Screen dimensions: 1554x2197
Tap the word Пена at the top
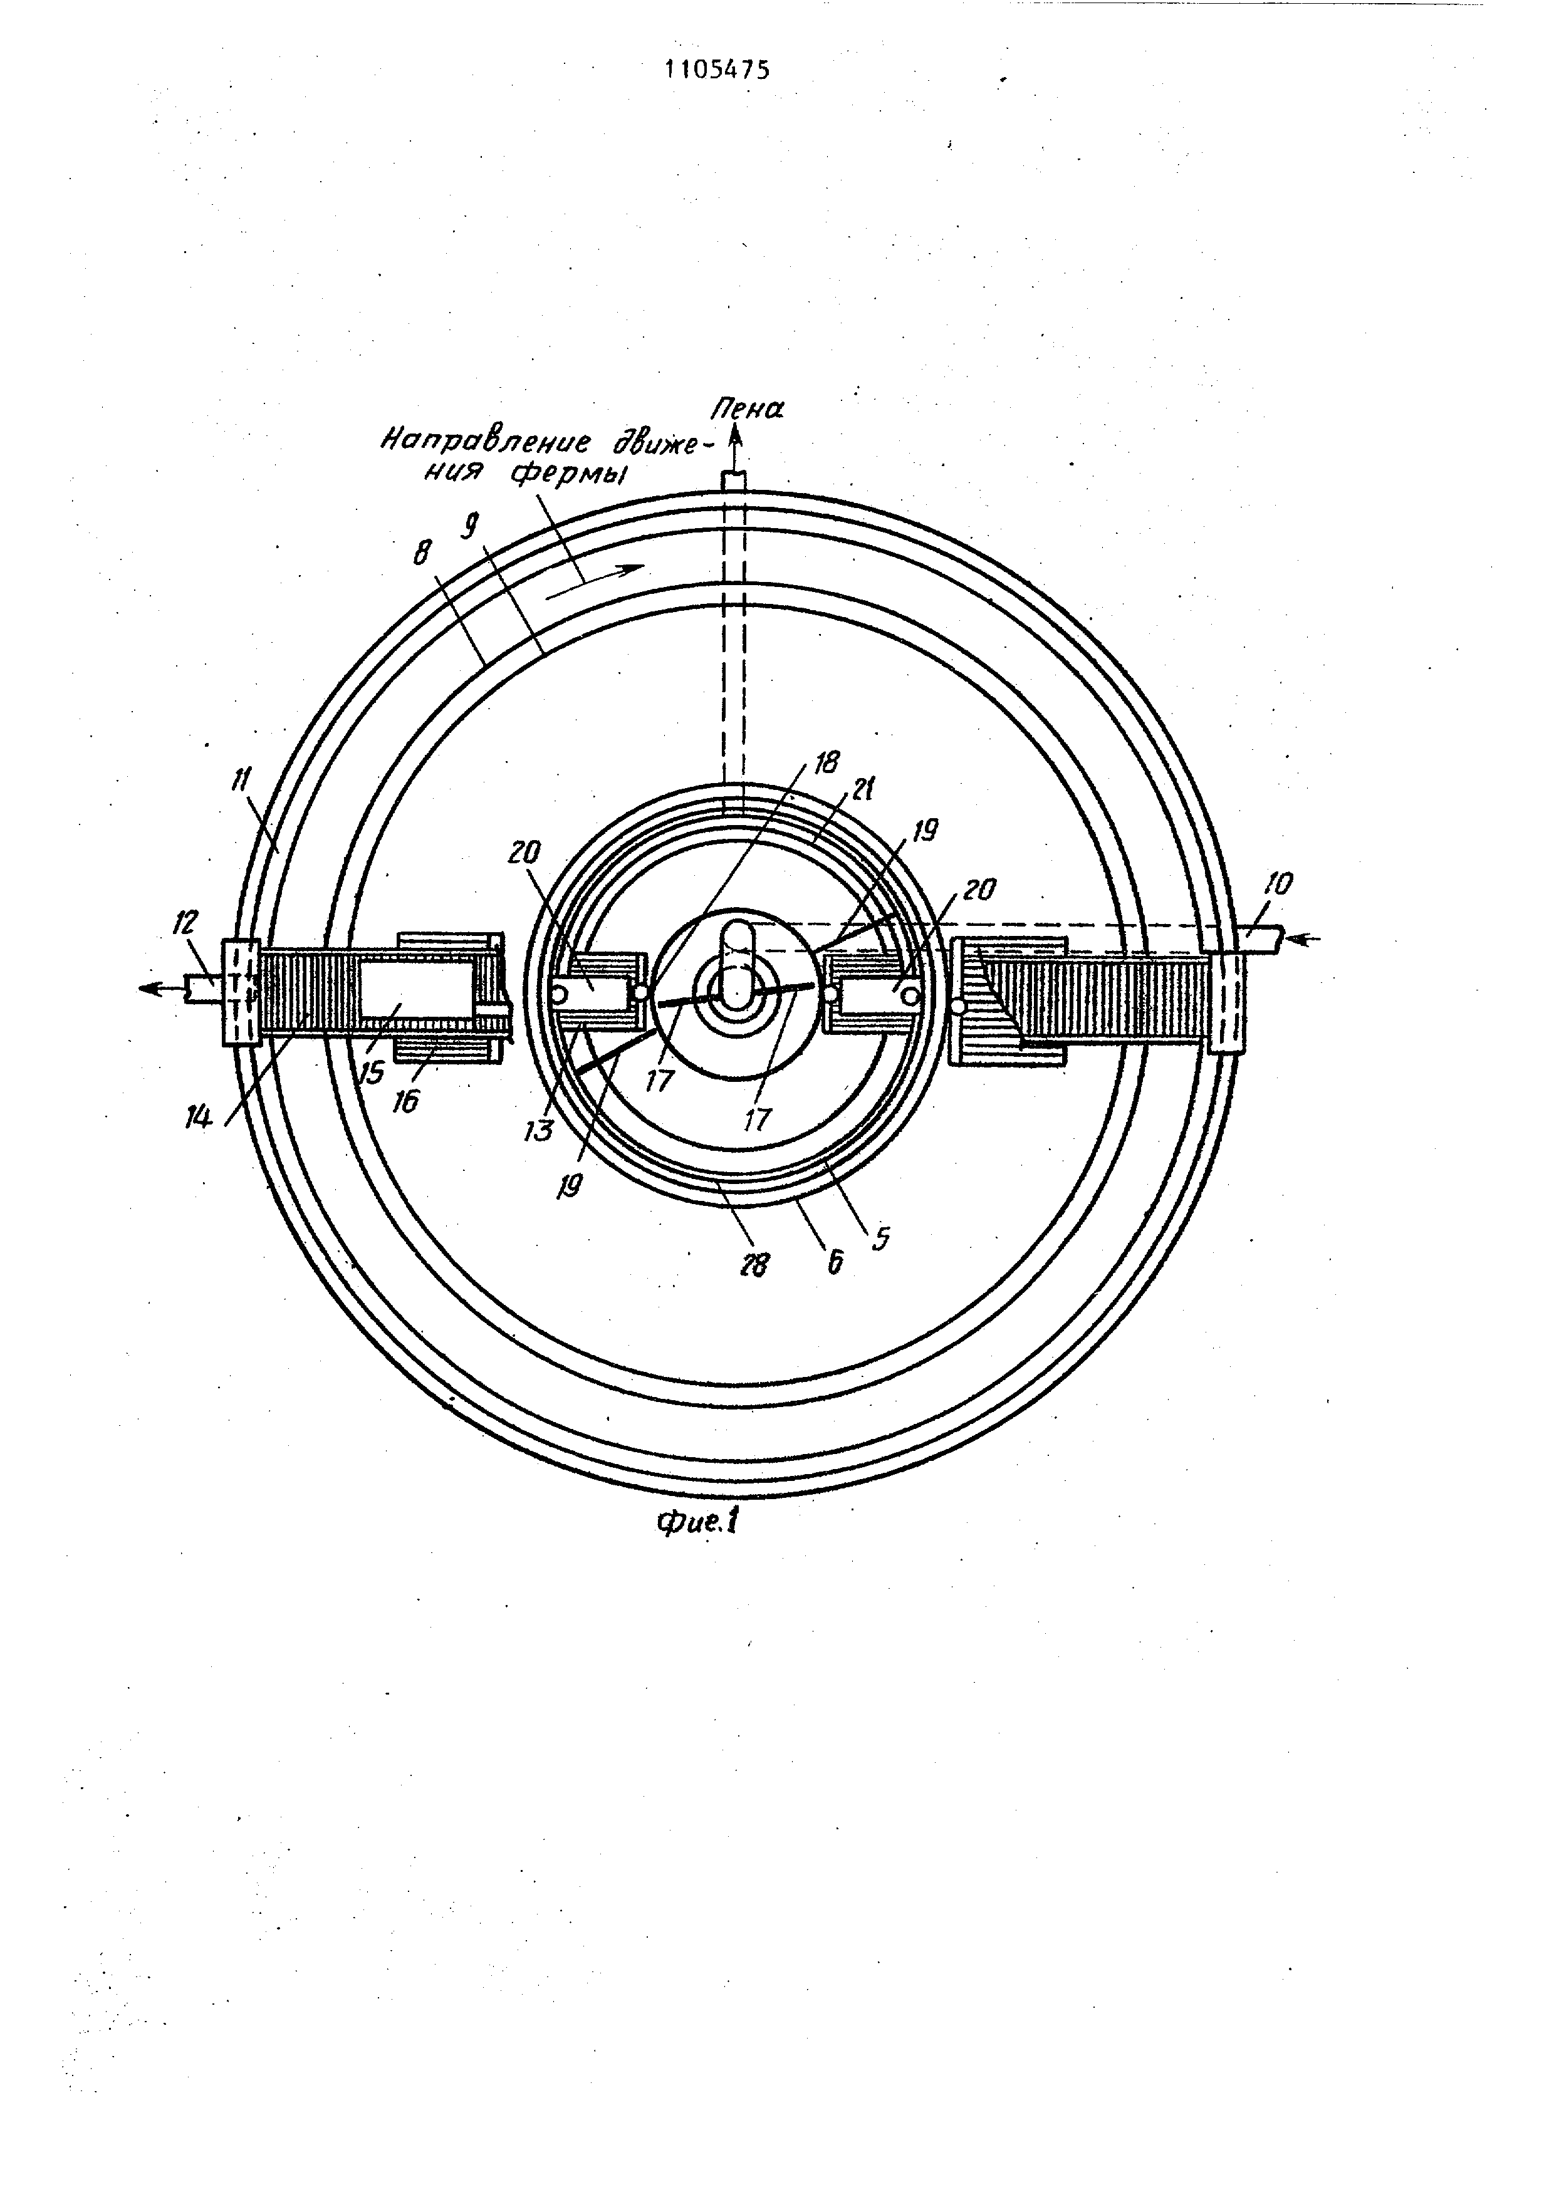[x=746, y=410]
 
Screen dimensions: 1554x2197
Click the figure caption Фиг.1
[x=697, y=1522]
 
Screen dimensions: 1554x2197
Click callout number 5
[x=881, y=1239]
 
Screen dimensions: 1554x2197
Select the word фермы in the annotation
[x=566, y=473]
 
